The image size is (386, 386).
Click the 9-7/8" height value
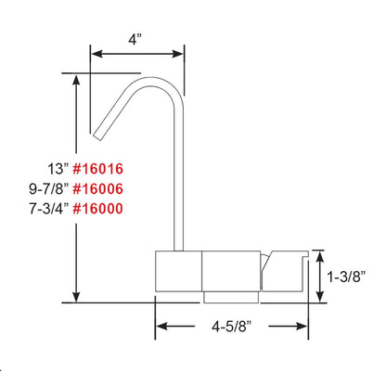click(x=46, y=188)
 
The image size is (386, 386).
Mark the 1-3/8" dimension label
click(x=349, y=276)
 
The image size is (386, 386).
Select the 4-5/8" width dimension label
click(x=231, y=327)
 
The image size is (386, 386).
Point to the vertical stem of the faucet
click(x=175, y=186)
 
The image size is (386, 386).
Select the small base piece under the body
click(x=229, y=296)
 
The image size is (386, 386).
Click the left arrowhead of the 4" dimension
click(x=95, y=53)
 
